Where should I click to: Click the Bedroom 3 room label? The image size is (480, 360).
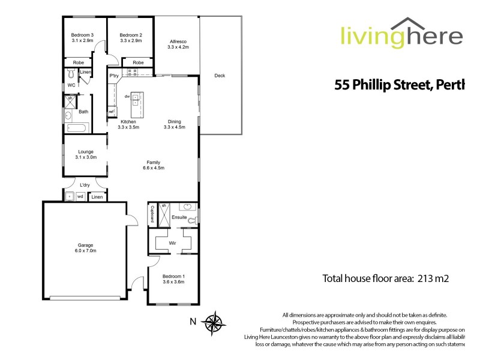83,37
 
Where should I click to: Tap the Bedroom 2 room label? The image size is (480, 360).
130,37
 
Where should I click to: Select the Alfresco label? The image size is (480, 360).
178,43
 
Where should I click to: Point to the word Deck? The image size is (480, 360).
220,76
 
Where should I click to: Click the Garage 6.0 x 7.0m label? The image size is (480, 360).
86,247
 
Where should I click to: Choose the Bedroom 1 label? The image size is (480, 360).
173,278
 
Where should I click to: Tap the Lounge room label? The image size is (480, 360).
85,154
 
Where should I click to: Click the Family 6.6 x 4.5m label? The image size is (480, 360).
154,165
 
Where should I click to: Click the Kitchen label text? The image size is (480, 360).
129,124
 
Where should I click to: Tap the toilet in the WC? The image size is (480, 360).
71,74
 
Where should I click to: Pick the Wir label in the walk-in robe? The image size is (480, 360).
173,243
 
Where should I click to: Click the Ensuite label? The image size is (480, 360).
178,217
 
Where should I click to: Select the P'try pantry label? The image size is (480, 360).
113,76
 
